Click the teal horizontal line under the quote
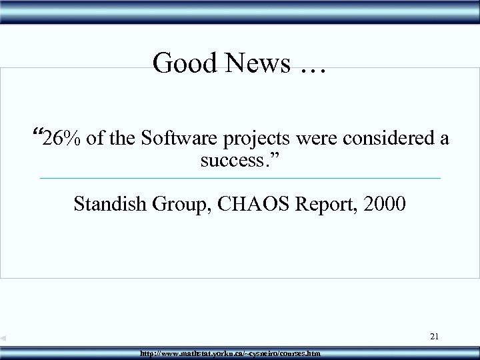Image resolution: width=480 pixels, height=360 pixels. pyautogui.click(x=240, y=178)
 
